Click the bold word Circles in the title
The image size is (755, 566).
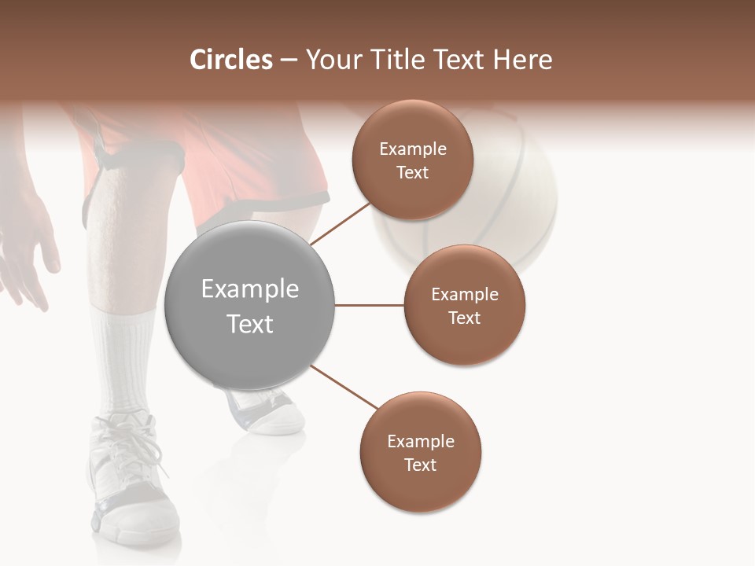pyautogui.click(x=230, y=60)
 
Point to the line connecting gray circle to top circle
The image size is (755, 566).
pyautogui.click(x=341, y=223)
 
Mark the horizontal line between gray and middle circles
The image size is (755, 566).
pyautogui.click(x=370, y=305)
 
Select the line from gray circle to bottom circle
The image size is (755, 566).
pyautogui.click(x=343, y=386)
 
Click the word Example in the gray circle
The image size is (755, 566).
pyautogui.click(x=249, y=289)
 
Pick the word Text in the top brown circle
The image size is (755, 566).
pyautogui.click(x=413, y=173)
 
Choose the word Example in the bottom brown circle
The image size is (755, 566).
pyautogui.click(x=421, y=442)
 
